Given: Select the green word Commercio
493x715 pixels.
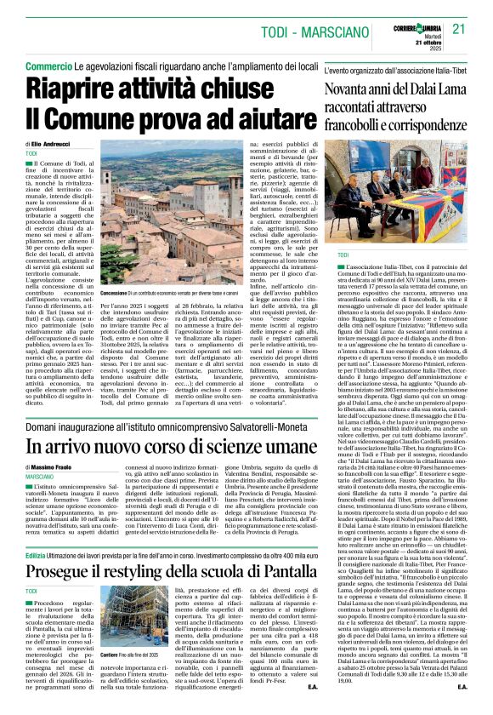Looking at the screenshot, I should click(x=48, y=66).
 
